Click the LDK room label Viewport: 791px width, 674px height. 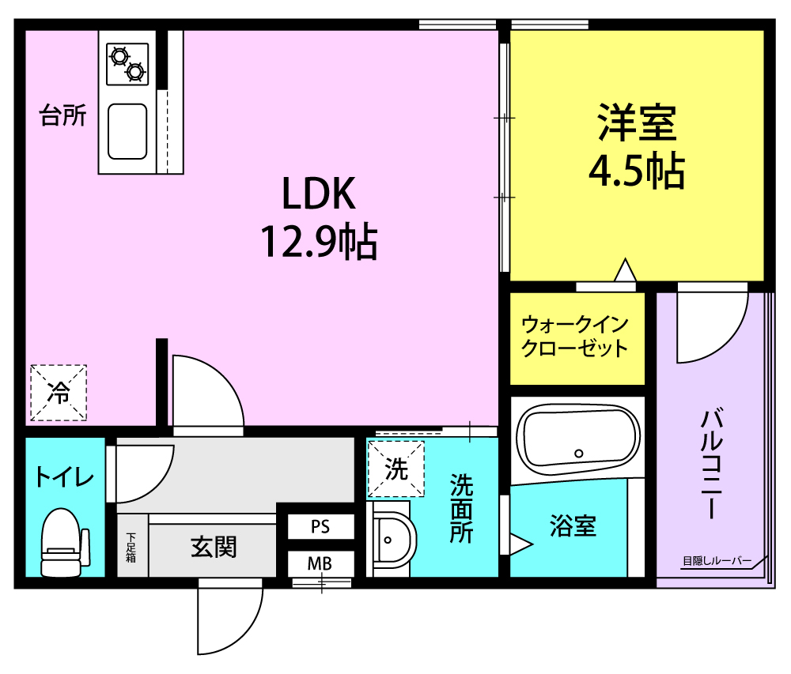(x=319, y=194)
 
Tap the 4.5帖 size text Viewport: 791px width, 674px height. (x=637, y=171)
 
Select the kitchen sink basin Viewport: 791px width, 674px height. (x=127, y=131)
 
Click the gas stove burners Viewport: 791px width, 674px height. (x=127, y=64)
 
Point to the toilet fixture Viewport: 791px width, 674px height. (x=64, y=543)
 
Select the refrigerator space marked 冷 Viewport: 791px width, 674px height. (x=59, y=393)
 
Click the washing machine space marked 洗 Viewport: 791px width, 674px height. (x=396, y=469)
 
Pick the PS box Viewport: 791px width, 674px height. (x=320, y=527)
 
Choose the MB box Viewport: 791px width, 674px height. (x=320, y=563)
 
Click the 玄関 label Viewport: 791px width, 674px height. (x=214, y=547)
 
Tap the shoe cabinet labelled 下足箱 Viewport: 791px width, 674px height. (x=131, y=547)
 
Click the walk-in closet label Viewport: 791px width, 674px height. (x=574, y=337)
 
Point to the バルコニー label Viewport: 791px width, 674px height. (x=712, y=464)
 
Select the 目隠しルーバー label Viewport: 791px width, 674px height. (x=717, y=560)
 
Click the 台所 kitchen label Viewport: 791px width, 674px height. (x=63, y=115)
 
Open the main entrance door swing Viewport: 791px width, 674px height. (x=230, y=619)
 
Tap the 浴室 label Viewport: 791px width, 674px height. (x=573, y=526)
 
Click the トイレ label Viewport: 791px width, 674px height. (x=64, y=476)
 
